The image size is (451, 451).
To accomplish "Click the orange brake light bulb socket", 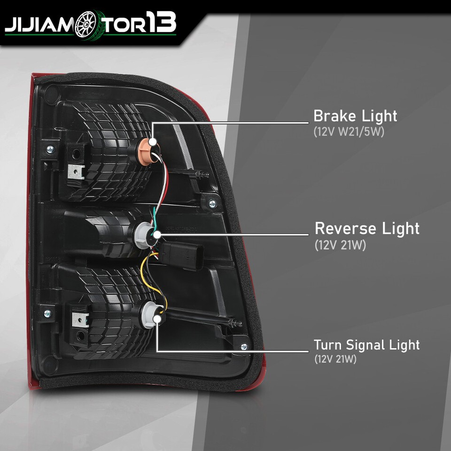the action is click(150, 149).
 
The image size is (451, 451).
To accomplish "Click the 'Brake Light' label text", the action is click(355, 116).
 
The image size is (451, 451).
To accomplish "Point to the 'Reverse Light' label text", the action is click(367, 228).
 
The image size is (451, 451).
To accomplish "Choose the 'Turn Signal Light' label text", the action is click(366, 344).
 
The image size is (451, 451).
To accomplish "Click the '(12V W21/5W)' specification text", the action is click(349, 132).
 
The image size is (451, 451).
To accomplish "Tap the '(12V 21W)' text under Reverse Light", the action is click(340, 245).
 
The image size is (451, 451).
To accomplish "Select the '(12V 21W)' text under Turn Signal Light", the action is click(335, 359).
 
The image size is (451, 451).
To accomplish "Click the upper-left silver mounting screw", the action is click(50, 149).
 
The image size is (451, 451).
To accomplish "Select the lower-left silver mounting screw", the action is click(48, 313).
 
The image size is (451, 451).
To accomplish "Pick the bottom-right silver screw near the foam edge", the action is click(244, 347).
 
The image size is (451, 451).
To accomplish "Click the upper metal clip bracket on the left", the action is click(76, 172).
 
